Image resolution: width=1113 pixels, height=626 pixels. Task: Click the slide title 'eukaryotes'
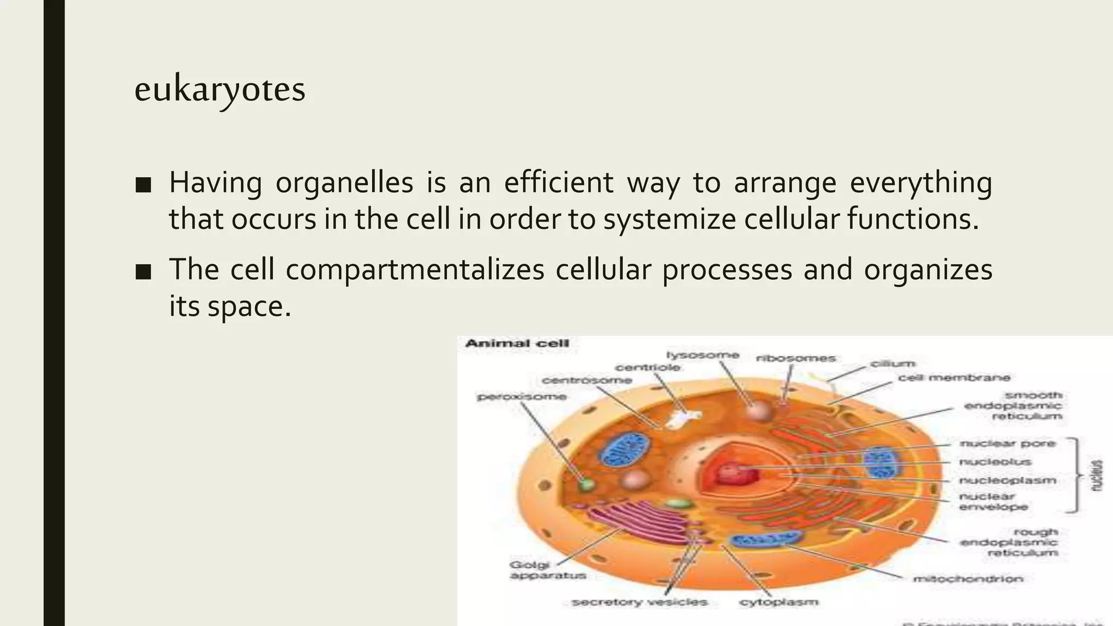coord(220,90)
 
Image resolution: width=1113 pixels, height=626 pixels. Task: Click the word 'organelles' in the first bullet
coord(344,183)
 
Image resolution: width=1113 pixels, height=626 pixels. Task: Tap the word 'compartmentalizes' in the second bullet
coord(415,270)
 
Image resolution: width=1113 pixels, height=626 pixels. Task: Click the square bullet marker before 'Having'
coord(143,185)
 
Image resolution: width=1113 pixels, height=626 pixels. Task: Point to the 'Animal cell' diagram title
coord(517,343)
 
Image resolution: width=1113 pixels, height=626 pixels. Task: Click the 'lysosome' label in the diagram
coord(703,355)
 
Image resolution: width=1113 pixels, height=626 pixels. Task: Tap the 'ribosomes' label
coord(796,359)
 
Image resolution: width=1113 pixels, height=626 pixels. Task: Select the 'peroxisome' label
coord(522,397)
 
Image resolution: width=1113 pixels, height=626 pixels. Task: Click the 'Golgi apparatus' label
coord(548,570)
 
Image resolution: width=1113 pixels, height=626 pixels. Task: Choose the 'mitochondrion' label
coord(968,579)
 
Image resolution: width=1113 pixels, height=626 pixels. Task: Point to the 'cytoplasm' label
coord(778,602)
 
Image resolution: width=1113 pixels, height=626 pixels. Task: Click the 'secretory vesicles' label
coord(639,602)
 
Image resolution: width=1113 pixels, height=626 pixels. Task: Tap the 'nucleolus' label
coord(995,462)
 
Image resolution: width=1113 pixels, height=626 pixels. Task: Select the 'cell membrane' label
coord(954,378)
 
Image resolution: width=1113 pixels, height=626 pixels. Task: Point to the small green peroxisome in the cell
coord(586,484)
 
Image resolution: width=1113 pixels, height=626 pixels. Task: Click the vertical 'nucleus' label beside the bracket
coord(1098,476)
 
